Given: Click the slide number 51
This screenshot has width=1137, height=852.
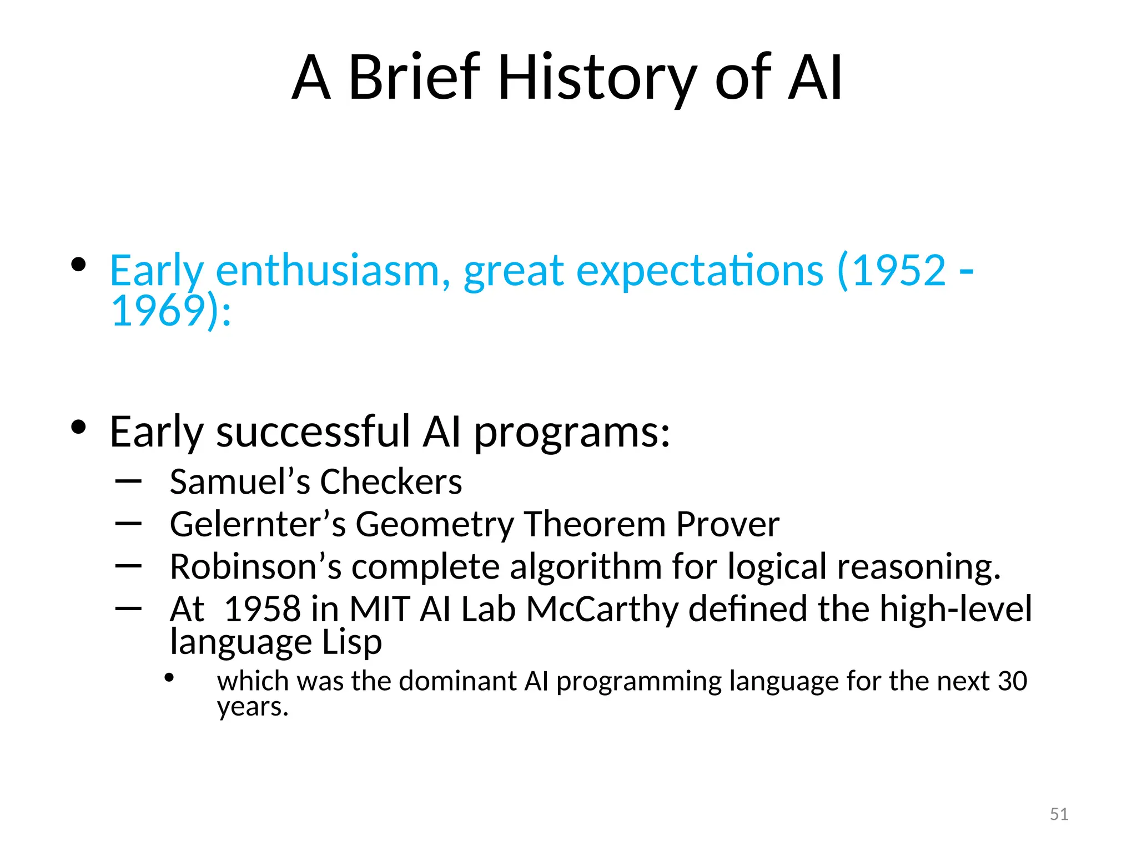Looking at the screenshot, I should [1059, 814].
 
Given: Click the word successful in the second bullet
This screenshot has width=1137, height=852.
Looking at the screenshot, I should [314, 432].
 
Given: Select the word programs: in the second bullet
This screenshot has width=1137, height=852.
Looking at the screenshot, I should [572, 433].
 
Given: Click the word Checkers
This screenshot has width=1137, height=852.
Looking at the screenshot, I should [391, 481].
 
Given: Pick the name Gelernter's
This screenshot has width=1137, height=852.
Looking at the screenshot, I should [258, 524].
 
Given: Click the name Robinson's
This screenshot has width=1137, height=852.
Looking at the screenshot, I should [255, 567].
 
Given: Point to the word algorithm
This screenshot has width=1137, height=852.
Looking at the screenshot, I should [586, 567].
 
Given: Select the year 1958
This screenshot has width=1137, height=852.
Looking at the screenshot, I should [262, 609].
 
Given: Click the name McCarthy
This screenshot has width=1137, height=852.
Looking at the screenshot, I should [602, 609].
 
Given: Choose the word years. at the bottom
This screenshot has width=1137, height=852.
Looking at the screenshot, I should [253, 707].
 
